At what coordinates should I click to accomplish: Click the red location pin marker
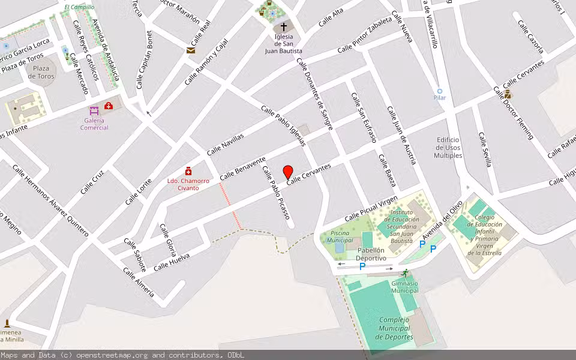pos(288,172)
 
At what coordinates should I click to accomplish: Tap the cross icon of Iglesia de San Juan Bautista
pos(284,27)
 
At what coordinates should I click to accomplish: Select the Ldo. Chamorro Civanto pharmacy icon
pos(188,171)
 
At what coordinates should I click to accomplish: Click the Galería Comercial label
pos(94,124)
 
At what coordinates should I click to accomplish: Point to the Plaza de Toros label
pos(41,72)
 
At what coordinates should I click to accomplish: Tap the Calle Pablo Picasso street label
pos(276,196)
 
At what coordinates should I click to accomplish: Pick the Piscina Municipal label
pos(340,236)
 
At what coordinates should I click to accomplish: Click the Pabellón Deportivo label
pos(371,254)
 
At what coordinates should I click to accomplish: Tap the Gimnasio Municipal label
pos(404,287)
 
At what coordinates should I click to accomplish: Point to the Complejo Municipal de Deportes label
pos(394,328)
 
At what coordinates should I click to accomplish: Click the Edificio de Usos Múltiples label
pos(449,148)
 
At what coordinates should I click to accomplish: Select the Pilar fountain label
pos(440,97)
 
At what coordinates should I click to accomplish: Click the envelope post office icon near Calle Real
pos(191,50)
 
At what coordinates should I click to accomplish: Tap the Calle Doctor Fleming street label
pos(513,113)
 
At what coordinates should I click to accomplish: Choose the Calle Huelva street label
pos(172,262)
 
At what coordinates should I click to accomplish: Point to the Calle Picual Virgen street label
pos(371,207)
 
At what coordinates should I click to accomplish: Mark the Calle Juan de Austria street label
pos(401,135)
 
